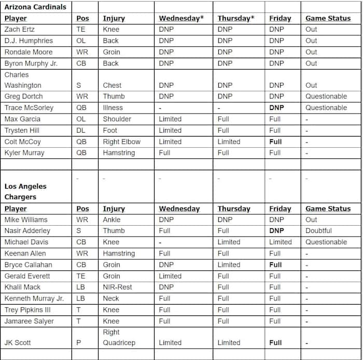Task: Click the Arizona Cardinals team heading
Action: [35, 7]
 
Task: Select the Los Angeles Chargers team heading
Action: [25, 191]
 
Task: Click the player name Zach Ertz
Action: [23, 30]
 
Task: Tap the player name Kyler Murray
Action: [24, 153]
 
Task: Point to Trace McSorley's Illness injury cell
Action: [113, 108]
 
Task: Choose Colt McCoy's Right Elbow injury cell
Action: [122, 142]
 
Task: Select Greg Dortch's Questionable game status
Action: [326, 96]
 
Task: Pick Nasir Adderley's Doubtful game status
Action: [319, 231]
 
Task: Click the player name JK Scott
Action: [19, 343]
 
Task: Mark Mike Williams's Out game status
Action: [311, 219]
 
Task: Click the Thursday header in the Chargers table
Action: [234, 209]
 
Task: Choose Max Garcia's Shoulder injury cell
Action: [117, 119]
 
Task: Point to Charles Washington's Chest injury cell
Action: [112, 86]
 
